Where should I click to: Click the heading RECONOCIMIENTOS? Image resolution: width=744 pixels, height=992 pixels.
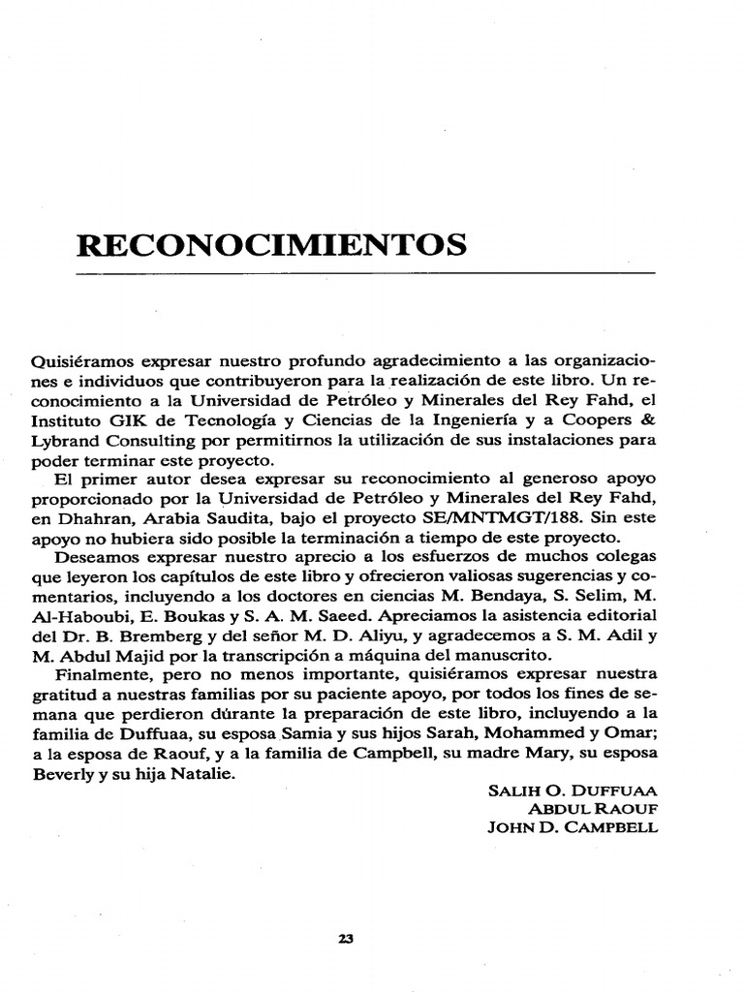[x=271, y=242]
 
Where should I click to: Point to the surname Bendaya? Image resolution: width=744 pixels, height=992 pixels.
[x=512, y=595]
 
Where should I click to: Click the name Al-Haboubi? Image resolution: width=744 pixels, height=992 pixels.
[x=74, y=614]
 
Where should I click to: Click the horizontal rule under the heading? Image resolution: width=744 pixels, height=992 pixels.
[x=366, y=274]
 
